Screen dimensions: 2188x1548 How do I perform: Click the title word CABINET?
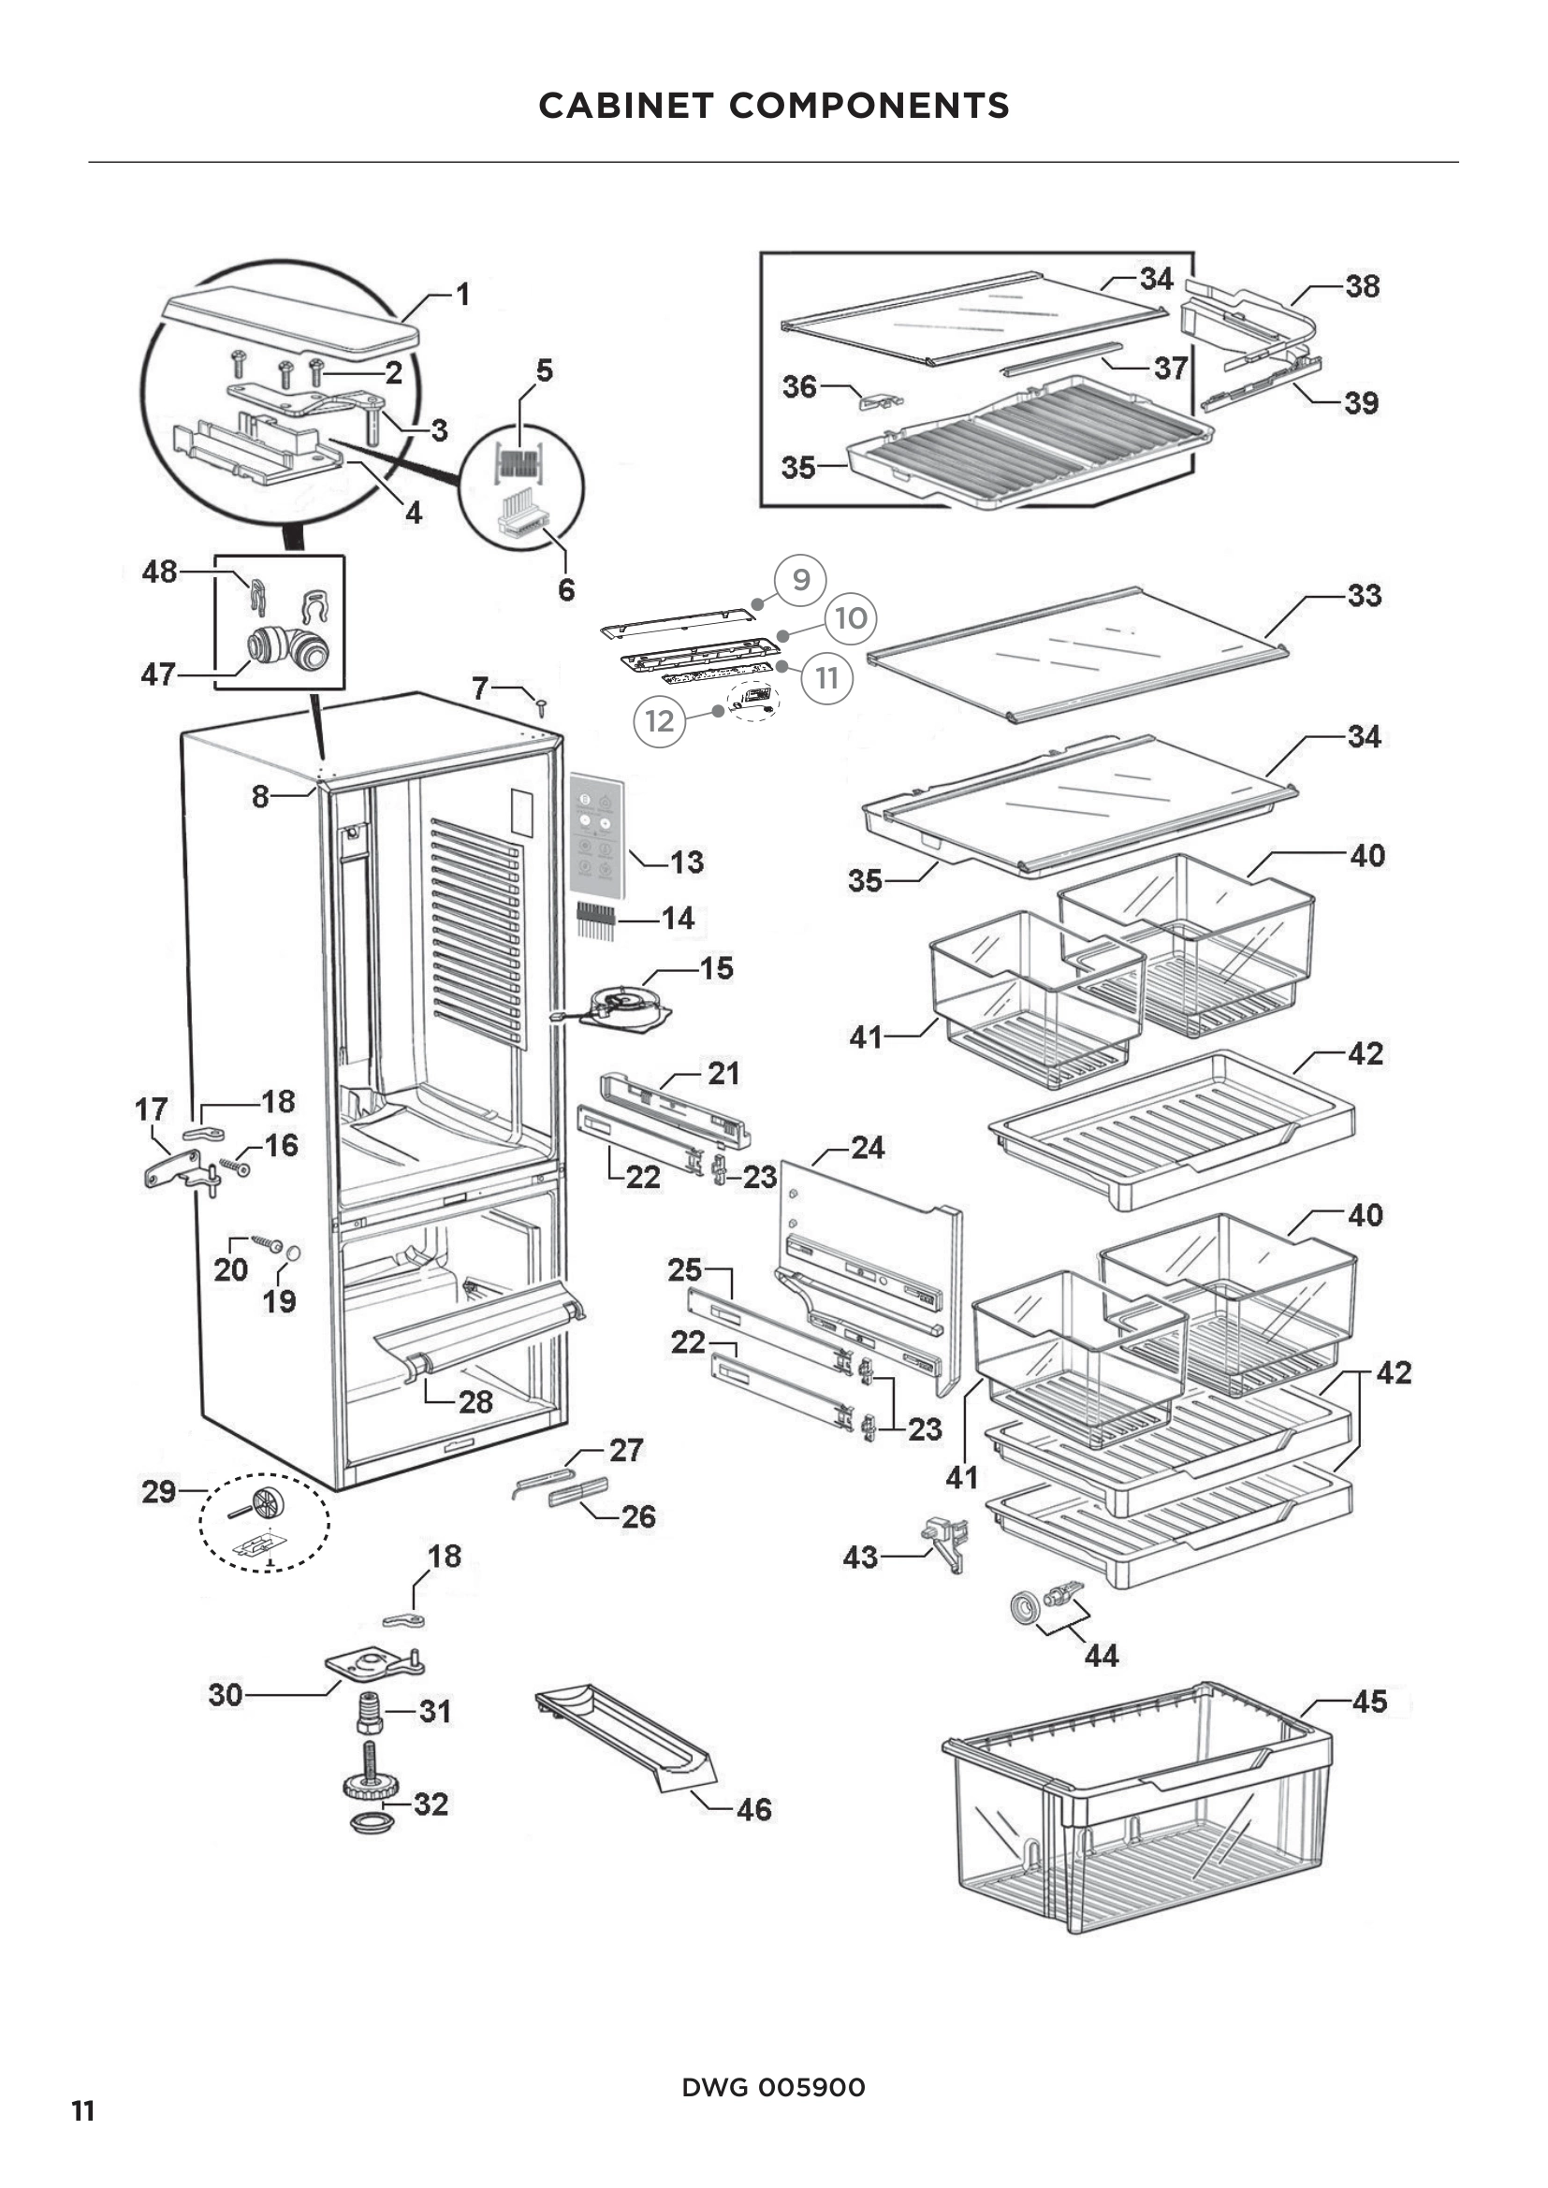(x=625, y=106)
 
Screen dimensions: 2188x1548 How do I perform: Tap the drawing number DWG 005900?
(x=773, y=2087)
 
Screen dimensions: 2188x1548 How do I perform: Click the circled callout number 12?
(x=660, y=720)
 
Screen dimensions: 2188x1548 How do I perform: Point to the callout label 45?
(x=1370, y=1702)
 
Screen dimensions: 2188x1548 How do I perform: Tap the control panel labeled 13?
(x=597, y=834)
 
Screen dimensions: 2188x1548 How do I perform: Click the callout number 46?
(x=754, y=1810)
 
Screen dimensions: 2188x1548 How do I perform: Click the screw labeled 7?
(x=541, y=708)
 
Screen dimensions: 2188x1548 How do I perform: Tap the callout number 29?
(x=158, y=1491)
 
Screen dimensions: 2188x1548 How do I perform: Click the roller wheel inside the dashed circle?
(x=266, y=1505)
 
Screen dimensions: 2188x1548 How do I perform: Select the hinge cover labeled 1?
(x=291, y=324)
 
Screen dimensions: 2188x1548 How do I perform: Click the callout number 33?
(x=1364, y=596)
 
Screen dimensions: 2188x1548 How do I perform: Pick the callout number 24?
(x=868, y=1148)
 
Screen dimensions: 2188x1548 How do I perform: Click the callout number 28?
(x=475, y=1402)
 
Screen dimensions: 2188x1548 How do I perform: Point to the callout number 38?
(x=1362, y=286)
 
